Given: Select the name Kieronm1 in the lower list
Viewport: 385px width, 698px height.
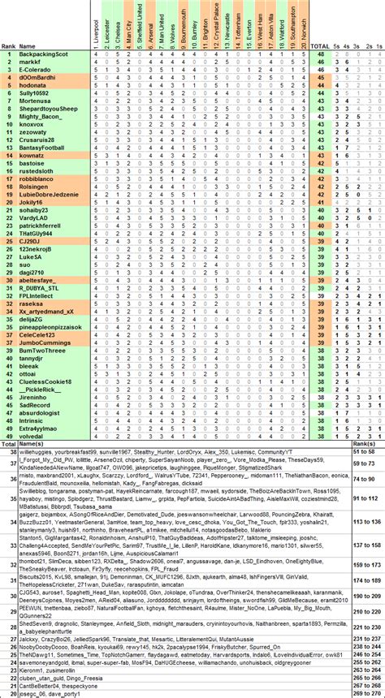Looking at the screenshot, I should pos(37,670).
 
